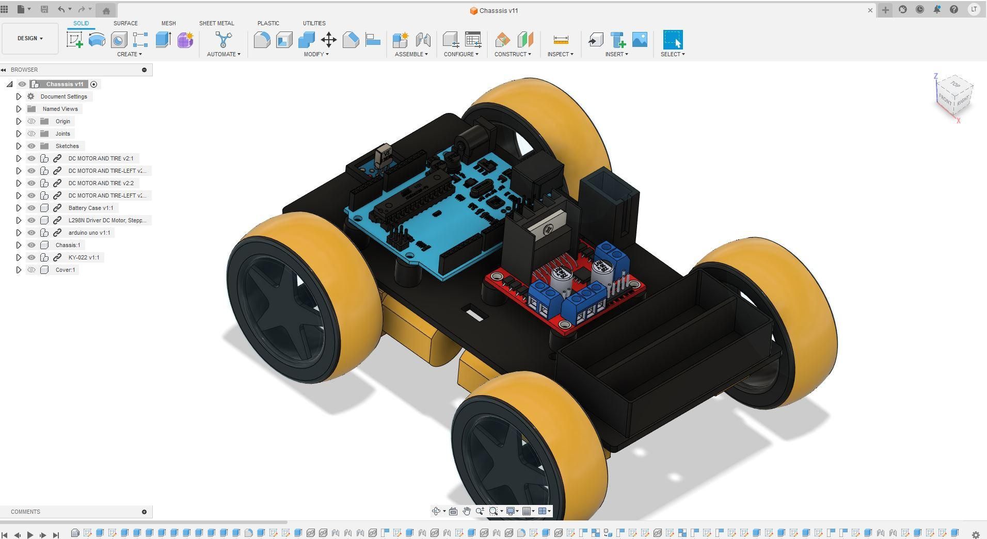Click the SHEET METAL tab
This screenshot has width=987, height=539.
[x=216, y=23]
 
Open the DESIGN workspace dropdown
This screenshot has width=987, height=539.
[x=30, y=38]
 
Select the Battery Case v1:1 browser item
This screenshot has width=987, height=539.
[x=90, y=208]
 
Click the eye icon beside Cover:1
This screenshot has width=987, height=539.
[x=31, y=270]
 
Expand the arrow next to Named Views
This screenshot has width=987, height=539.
[x=19, y=109]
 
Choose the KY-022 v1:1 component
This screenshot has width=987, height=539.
[x=84, y=257]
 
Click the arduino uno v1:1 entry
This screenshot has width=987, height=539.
[x=89, y=233]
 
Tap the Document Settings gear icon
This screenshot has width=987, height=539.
[x=31, y=96]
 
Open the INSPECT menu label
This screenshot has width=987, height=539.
[x=560, y=54]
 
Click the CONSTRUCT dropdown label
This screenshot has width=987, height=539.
[x=512, y=54]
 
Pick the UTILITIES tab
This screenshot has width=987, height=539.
[x=314, y=23]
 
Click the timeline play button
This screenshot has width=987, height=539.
[x=30, y=535]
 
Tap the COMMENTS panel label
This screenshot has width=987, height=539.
[x=25, y=512]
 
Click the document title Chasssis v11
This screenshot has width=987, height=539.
[x=498, y=10]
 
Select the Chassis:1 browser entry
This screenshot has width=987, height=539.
[x=68, y=245]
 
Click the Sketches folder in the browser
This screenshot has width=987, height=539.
[x=67, y=146]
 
